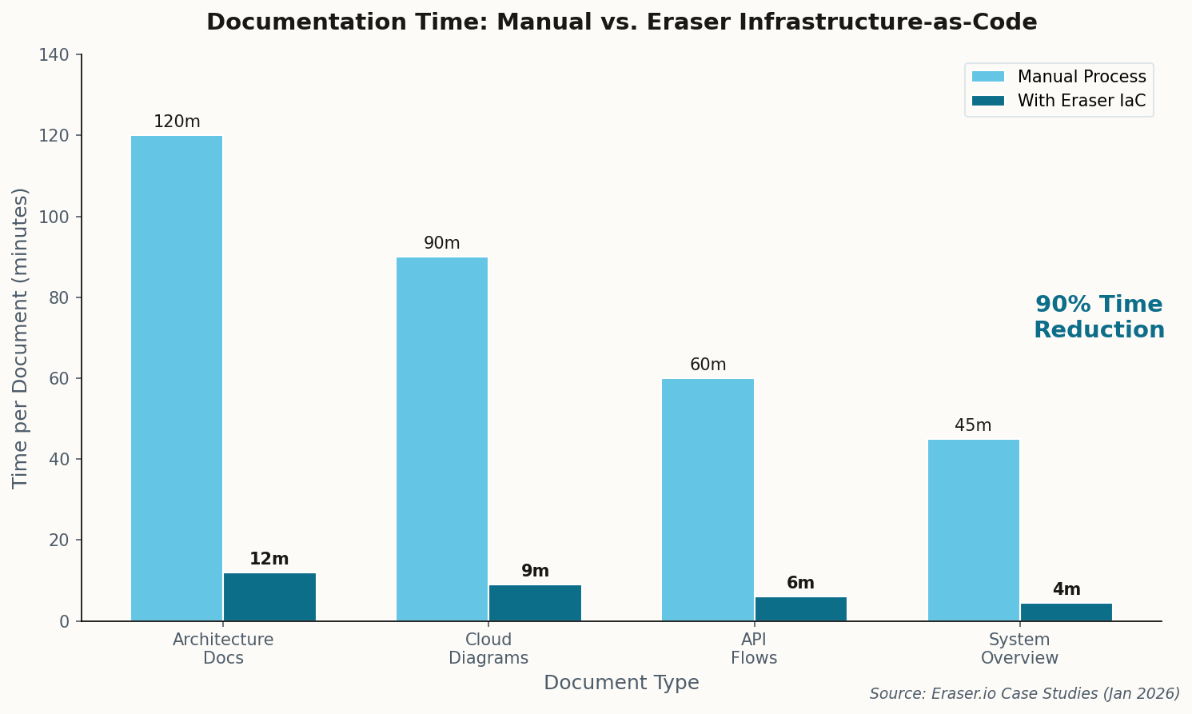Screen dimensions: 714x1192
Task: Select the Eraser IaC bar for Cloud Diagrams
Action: [x=535, y=603]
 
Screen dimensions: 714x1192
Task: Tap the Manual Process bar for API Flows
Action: [x=708, y=500]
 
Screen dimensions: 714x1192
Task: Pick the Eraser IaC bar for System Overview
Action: [x=1066, y=612]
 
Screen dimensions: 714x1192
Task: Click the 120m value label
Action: [x=177, y=122]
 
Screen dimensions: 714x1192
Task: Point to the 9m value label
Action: [x=535, y=572]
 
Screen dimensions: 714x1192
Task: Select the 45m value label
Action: [x=973, y=426]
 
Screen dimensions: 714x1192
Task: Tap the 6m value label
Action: [x=800, y=584]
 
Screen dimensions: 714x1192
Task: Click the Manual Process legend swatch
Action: [x=987, y=77]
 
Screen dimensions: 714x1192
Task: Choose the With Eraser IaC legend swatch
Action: [x=987, y=101]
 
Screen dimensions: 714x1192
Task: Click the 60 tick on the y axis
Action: [x=60, y=378]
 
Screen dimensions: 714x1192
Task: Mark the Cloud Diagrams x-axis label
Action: [x=488, y=649]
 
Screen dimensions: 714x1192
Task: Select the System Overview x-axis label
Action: [x=1019, y=649]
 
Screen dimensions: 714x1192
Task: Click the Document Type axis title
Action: [x=621, y=683]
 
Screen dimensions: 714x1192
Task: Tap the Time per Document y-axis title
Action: [x=21, y=337]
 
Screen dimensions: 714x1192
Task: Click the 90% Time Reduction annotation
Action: [x=1099, y=317]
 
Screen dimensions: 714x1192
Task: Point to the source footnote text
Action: [x=1024, y=694]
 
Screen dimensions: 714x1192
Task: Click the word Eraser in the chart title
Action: [x=692, y=22]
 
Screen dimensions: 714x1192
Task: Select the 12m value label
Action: [x=269, y=560]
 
